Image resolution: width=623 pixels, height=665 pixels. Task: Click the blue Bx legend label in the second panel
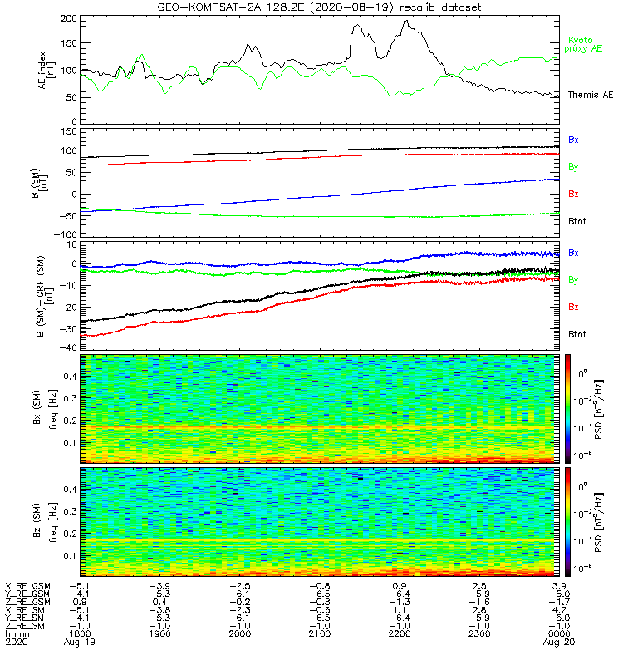pyautogui.click(x=573, y=140)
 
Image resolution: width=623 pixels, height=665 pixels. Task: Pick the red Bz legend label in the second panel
pyautogui.click(x=573, y=194)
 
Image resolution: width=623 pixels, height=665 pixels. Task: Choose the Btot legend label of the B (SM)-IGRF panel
pyautogui.click(x=576, y=333)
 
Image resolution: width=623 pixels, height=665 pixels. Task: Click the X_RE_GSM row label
pyautogui.click(x=28, y=586)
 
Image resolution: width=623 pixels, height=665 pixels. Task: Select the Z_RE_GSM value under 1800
pyautogui.click(x=80, y=601)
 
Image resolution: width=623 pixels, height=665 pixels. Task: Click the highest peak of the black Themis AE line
pyautogui.click(x=406, y=21)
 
